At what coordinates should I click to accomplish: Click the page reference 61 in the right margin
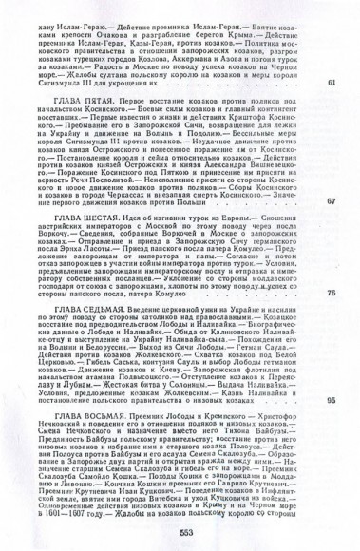pyautogui.click(x=331, y=84)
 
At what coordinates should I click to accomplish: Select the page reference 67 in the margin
pyautogui.click(x=331, y=201)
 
